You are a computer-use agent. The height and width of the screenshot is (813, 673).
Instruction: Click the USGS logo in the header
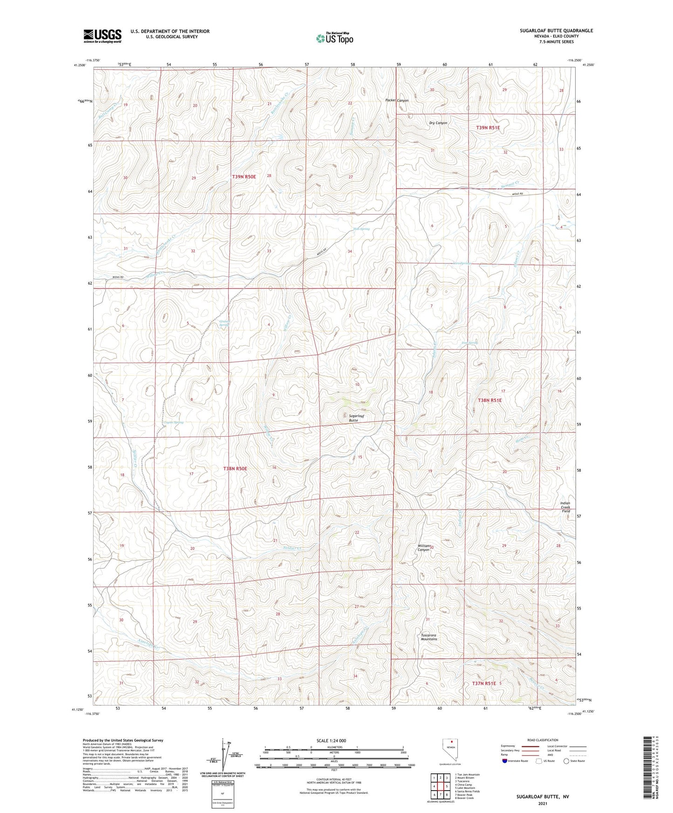pyautogui.click(x=102, y=36)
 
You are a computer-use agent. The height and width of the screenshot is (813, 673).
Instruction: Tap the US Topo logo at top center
pyautogui.click(x=334, y=38)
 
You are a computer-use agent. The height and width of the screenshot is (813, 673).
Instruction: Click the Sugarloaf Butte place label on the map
pyautogui.click(x=353, y=418)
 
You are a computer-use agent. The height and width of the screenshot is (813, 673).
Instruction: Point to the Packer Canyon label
pyautogui.click(x=397, y=101)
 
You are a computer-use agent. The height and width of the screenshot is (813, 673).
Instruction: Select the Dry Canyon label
pyautogui.click(x=438, y=123)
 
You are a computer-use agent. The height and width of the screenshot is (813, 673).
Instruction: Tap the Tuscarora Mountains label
pyautogui.click(x=429, y=637)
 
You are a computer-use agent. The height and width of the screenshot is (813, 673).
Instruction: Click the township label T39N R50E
pyautogui.click(x=244, y=176)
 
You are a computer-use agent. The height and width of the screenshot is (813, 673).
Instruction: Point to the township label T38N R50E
pyautogui.click(x=235, y=468)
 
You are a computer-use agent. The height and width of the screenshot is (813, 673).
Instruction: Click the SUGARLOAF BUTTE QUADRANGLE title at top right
pyautogui.click(x=556, y=31)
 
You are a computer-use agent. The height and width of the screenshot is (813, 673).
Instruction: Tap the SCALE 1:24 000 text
pyautogui.click(x=331, y=740)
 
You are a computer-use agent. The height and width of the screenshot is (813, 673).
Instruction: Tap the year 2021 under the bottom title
pyautogui.click(x=543, y=804)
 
